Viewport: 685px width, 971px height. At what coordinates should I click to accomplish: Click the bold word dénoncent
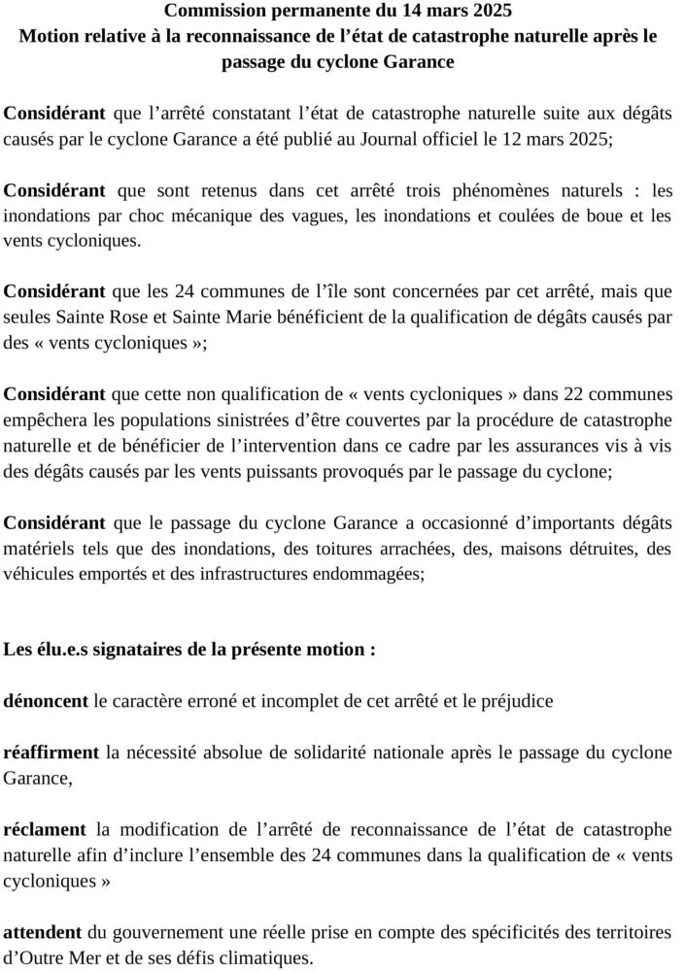tap(47, 700)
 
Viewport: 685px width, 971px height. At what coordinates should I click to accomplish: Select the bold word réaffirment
tap(51, 752)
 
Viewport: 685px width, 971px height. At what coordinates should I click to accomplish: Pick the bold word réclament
tap(45, 829)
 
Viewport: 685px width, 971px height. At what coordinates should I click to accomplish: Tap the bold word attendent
tap(44, 932)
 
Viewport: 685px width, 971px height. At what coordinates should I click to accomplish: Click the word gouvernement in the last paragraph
tap(161, 932)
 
